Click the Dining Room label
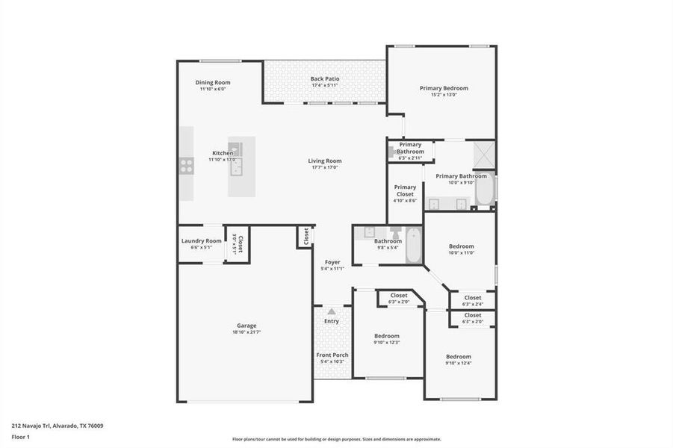pyautogui.click(x=213, y=82)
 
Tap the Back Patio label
pyautogui.click(x=325, y=78)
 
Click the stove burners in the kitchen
pyautogui.click(x=186, y=165)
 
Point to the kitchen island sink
pyautogui.click(x=237, y=167)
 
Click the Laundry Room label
pyautogui.click(x=202, y=240)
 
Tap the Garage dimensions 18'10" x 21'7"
pyautogui.click(x=246, y=332)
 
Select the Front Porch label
pyautogui.click(x=332, y=355)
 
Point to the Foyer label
pyautogui.click(x=332, y=262)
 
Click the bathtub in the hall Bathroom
pyautogui.click(x=413, y=246)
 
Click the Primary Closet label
pyautogui.click(x=405, y=190)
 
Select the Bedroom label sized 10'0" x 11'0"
pyautogui.click(x=461, y=246)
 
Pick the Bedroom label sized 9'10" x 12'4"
pyautogui.click(x=459, y=356)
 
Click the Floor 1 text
pyautogui.click(x=21, y=437)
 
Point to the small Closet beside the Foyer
pyautogui.click(x=306, y=236)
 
